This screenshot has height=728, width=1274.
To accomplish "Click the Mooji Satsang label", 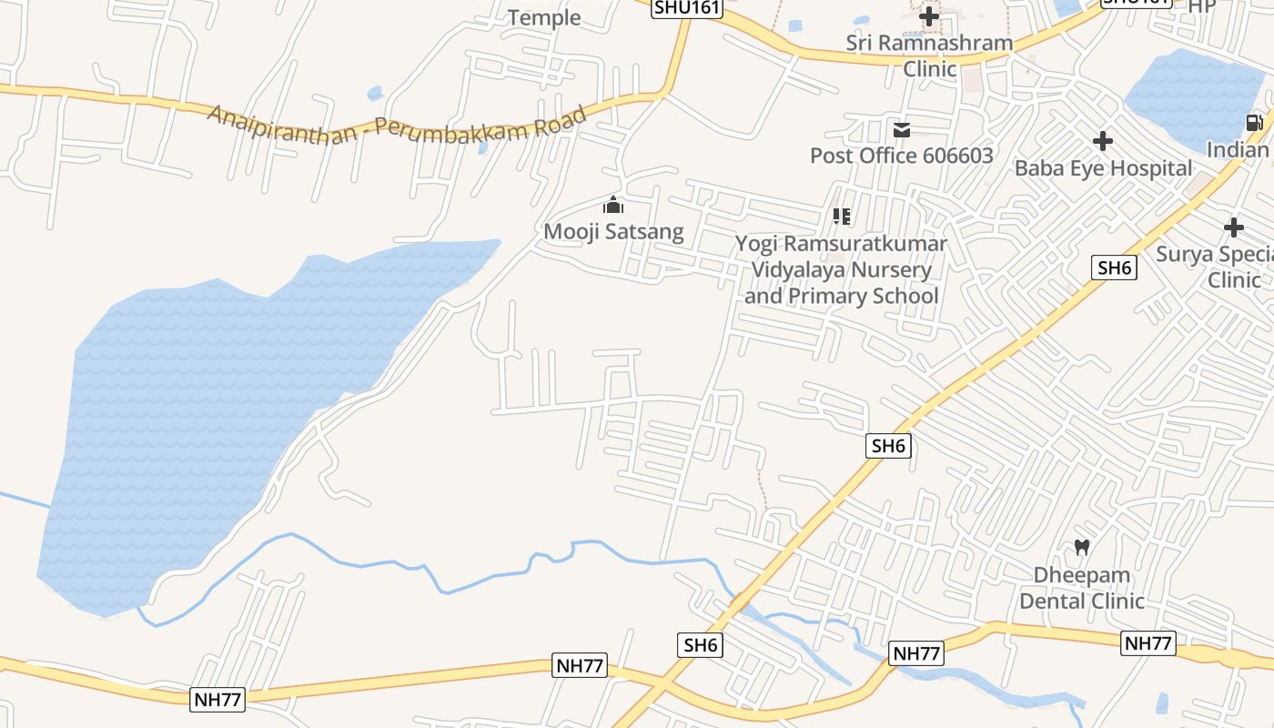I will tap(613, 231).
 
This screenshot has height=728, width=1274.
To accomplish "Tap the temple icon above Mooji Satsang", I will tap(613, 205).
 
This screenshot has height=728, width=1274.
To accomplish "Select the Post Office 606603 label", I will tap(901, 156).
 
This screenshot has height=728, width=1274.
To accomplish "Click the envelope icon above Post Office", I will tap(901, 130).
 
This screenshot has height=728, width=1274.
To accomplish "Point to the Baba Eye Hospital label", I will tap(1103, 167).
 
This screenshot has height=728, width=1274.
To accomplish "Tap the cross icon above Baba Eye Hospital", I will tap(1103, 141).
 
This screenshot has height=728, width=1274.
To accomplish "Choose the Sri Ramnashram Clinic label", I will tap(929, 56).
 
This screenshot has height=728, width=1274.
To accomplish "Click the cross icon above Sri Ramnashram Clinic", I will tap(929, 15).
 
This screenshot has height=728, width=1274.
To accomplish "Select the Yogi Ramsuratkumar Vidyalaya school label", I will tap(842, 269).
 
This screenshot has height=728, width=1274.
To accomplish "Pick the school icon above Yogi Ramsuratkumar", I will tap(842, 217).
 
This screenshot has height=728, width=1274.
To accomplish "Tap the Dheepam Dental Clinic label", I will tap(1082, 588).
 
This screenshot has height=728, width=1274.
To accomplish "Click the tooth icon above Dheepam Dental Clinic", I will tap(1082, 547).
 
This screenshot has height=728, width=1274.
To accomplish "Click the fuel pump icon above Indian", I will tap(1254, 122).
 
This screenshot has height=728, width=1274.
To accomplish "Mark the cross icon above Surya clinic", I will tap(1234, 227).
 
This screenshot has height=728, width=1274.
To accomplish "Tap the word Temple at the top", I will tap(544, 17).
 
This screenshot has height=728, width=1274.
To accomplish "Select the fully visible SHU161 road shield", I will tap(687, 8).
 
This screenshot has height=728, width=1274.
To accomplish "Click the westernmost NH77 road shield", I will tap(218, 699).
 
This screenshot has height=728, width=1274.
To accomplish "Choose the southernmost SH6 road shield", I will tap(702, 645).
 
